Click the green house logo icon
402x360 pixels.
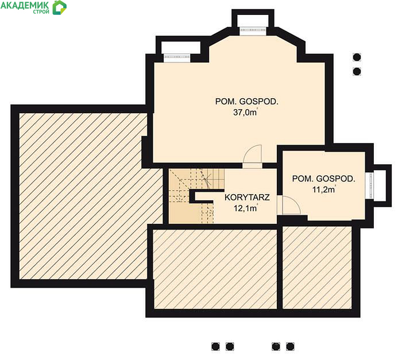point(60,7)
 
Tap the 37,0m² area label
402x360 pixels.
point(246,113)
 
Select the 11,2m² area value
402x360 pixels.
point(324,189)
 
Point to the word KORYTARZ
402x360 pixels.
point(247,198)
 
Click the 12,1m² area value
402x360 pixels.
point(246,208)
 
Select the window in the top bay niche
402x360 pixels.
point(254,30)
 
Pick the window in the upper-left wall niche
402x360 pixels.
point(177,58)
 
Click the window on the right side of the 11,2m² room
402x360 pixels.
point(370,185)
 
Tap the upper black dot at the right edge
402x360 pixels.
point(357,57)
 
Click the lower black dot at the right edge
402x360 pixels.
point(357,71)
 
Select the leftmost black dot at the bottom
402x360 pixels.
point(215,347)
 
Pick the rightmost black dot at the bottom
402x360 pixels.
point(290,347)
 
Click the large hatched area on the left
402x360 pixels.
point(84,196)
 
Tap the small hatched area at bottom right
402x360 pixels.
point(317,268)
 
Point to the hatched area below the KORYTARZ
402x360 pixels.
point(215,269)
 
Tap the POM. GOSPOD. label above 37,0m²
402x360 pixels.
point(246,102)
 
